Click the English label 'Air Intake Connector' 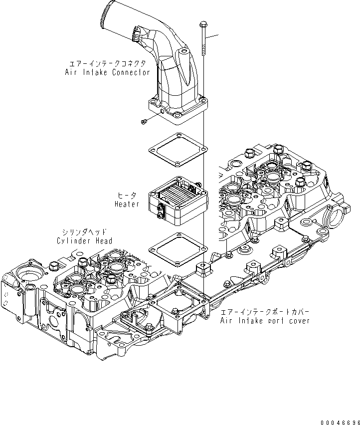[x=107, y=72]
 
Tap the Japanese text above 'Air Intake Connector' [x=107, y=64]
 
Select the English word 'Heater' [x=127, y=205]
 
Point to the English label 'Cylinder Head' [x=84, y=241]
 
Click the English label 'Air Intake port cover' [x=265, y=320]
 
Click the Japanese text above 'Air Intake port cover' [x=265, y=312]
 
